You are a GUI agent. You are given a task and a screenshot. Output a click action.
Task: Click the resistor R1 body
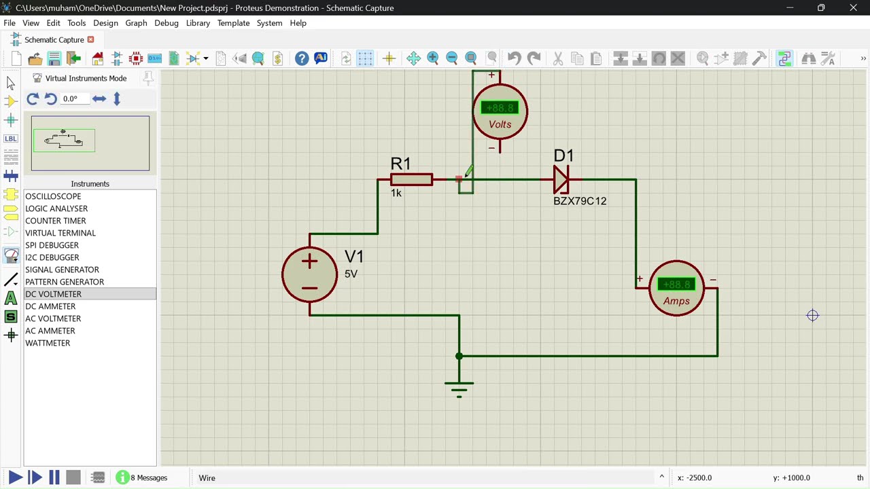point(411,179)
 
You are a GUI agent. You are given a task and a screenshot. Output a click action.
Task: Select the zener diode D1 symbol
point(561,179)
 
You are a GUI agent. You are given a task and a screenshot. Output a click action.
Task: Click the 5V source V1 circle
point(309,274)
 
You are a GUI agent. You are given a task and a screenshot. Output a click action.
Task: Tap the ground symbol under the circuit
point(459,387)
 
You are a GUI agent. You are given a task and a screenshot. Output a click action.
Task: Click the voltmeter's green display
point(500,108)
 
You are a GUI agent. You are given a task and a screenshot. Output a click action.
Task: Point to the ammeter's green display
point(676,285)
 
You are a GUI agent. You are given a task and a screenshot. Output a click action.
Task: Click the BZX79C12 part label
point(579,201)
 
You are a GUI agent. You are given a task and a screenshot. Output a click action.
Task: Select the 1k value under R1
point(396,193)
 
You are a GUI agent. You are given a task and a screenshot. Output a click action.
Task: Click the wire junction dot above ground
point(459,356)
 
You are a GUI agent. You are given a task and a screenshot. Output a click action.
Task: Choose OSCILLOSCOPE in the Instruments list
point(53,196)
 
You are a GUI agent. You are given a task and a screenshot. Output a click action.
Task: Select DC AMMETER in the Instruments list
point(50,306)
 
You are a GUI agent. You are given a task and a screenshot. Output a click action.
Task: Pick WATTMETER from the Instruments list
point(48,343)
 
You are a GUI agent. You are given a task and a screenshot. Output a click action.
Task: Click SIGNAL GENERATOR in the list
point(62,270)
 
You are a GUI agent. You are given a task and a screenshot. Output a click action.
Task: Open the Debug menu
point(166,23)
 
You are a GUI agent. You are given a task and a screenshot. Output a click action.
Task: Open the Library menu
point(198,23)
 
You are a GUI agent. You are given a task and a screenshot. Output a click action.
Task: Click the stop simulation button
point(73,477)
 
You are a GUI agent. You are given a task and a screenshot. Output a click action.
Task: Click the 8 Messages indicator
point(142,477)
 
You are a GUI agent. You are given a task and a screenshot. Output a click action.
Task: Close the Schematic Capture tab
point(90,40)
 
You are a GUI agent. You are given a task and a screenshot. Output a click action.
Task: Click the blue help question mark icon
point(302,58)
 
